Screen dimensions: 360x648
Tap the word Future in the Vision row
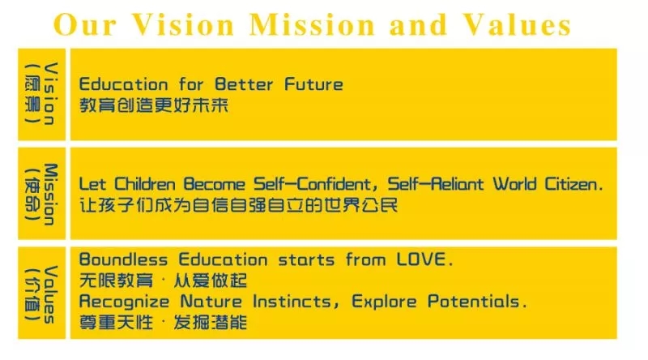(x=313, y=84)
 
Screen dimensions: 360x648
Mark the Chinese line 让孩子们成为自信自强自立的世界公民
(x=238, y=205)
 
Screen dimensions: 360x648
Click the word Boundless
(x=124, y=260)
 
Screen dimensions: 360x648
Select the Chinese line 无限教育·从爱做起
(x=162, y=281)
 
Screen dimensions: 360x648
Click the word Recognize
(x=124, y=302)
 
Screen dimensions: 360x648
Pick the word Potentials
(x=474, y=302)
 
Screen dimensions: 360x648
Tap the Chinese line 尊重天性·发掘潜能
(x=162, y=323)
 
